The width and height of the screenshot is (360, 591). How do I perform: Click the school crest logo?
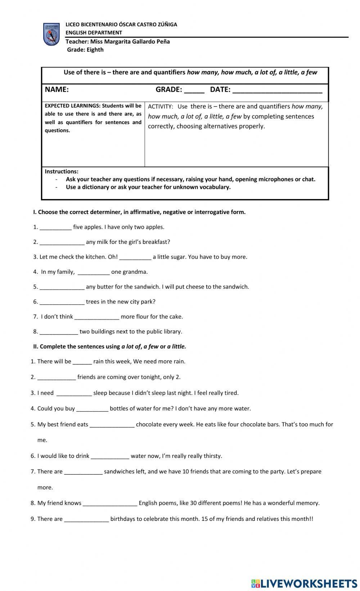(51, 35)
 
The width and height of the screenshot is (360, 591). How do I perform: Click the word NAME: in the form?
(57, 90)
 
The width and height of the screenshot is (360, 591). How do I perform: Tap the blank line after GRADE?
(194, 91)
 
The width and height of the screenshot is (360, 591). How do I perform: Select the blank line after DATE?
(277, 91)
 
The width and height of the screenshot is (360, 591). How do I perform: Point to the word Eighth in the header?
(95, 50)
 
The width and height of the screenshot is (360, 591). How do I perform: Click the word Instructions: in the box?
(62, 172)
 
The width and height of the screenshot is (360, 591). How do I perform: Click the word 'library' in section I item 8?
(172, 331)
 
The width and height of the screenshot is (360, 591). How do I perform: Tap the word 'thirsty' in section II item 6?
(212, 456)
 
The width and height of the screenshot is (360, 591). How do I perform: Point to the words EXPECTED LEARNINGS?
(72, 106)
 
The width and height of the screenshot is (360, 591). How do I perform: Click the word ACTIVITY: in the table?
(161, 106)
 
